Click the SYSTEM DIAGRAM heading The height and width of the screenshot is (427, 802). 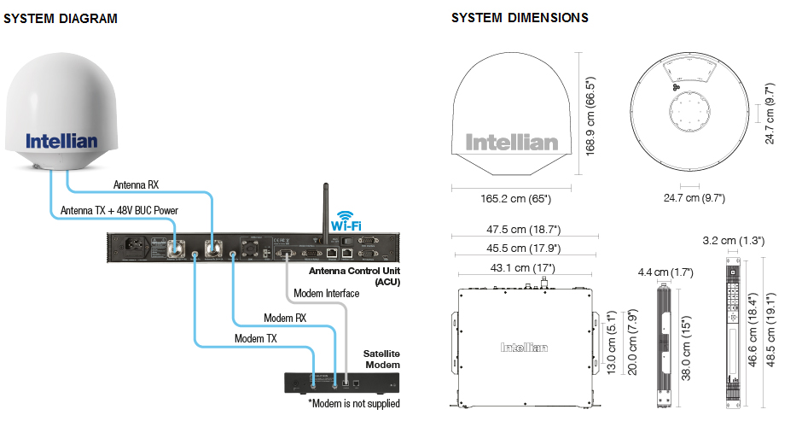pos(61,19)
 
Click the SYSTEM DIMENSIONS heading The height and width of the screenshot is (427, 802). pos(520,18)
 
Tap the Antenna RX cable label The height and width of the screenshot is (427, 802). pos(136,184)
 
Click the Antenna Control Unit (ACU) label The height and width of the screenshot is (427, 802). pos(355,276)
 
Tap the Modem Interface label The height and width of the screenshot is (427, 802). pos(325,294)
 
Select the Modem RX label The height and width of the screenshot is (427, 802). pos(285,318)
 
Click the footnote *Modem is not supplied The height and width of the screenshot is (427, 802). pos(354,403)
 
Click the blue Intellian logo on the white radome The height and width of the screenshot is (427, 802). pos(61,141)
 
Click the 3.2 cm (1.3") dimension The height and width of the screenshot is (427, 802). pos(731,241)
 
